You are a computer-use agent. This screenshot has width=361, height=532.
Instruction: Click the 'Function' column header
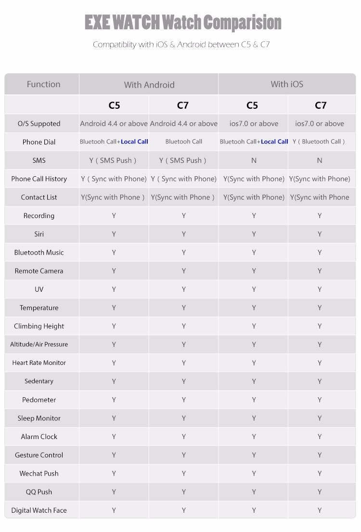click(x=43, y=84)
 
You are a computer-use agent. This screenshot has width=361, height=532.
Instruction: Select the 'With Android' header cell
click(x=149, y=85)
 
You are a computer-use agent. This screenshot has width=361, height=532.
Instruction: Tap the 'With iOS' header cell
click(x=287, y=84)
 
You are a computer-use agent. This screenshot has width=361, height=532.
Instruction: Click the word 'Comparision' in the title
click(x=242, y=23)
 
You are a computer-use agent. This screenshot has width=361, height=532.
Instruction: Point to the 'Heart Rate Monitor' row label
click(x=39, y=363)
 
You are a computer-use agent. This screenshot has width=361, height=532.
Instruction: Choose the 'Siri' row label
click(x=39, y=234)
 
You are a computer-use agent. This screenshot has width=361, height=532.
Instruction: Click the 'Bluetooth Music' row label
click(x=39, y=252)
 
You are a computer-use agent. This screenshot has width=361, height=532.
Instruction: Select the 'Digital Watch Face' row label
click(x=39, y=510)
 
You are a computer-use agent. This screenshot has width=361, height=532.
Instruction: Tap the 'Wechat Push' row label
click(x=39, y=473)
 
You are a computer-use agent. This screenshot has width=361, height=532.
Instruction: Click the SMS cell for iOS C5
click(x=254, y=160)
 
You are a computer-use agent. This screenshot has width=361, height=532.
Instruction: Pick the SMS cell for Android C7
click(x=183, y=160)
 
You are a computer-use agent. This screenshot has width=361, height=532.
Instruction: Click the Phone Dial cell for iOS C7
click(x=319, y=142)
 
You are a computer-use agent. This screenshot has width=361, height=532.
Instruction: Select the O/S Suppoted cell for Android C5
click(x=114, y=124)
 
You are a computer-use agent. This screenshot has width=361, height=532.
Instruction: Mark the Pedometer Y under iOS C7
click(x=320, y=400)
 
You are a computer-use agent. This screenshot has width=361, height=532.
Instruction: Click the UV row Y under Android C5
click(x=114, y=289)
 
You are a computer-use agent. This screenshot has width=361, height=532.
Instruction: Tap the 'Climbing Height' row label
click(x=39, y=326)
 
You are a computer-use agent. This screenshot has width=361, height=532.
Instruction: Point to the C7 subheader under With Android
click(x=183, y=105)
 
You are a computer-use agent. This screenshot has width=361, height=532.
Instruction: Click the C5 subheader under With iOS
click(x=252, y=105)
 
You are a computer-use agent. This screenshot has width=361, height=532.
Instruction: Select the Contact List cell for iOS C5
click(x=254, y=197)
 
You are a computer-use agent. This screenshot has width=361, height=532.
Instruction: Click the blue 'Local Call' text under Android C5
click(x=135, y=142)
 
